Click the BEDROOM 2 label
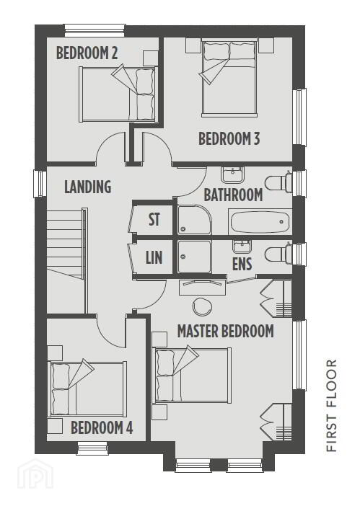(x=87, y=53)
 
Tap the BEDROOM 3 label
(x=229, y=139)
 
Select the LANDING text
(x=88, y=187)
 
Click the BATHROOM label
(x=233, y=195)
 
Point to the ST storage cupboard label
(x=154, y=219)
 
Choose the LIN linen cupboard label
(x=154, y=257)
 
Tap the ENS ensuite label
(x=242, y=264)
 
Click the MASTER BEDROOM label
(x=226, y=331)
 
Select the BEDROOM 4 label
(x=102, y=428)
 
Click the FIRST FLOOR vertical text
(x=332, y=405)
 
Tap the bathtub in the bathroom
(x=258, y=222)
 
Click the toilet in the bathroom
(x=278, y=183)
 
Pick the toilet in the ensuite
(x=278, y=253)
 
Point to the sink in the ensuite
(x=242, y=247)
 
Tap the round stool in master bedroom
(x=203, y=306)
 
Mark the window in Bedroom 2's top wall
(x=95, y=30)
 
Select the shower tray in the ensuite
(x=194, y=257)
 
